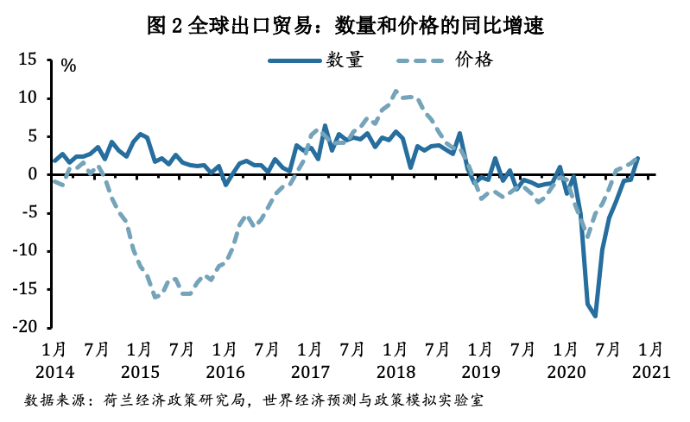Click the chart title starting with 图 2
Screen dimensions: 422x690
pos(345,25)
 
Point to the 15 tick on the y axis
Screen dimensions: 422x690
pos(28,60)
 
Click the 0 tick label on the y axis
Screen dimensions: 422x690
pos(34,174)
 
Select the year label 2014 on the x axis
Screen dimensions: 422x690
pos(54,373)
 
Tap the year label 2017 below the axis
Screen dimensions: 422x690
pos(308,373)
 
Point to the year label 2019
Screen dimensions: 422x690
pos(478,373)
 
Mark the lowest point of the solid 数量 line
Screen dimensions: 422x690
pos(595,316)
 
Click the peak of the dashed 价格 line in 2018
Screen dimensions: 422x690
pos(396,91)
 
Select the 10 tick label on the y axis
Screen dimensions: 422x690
pos(28,98)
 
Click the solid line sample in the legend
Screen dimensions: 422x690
pos(291,60)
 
